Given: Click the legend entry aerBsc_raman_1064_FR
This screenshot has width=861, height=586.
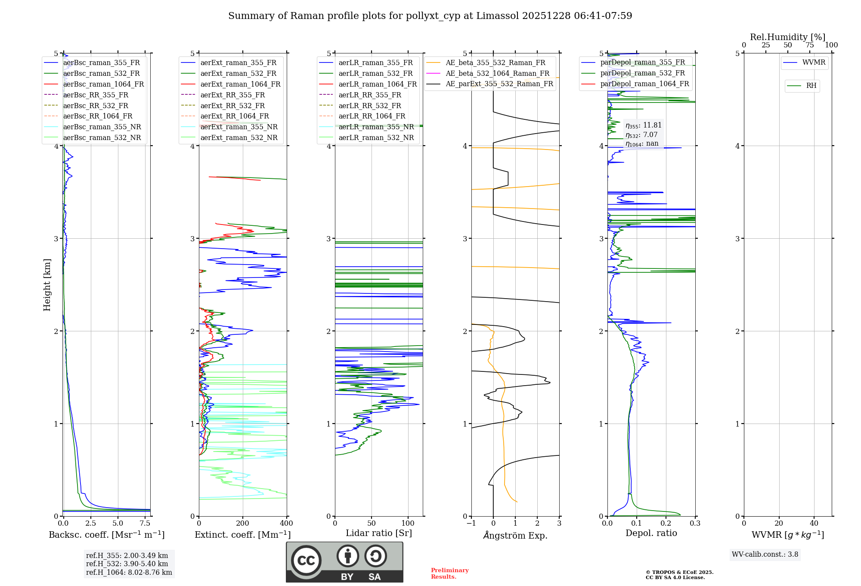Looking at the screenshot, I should [x=103, y=84].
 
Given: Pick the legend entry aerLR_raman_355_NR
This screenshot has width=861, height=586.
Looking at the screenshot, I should [x=376, y=127].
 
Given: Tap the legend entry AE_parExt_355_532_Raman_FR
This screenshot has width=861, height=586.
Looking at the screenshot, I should [x=499, y=84].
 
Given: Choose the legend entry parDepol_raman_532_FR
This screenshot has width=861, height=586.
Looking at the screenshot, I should [x=642, y=73].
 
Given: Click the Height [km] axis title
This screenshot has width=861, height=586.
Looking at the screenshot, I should [x=47, y=285].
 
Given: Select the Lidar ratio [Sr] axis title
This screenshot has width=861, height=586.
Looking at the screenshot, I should [x=379, y=533].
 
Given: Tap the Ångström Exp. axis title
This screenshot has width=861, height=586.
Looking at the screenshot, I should [x=515, y=535].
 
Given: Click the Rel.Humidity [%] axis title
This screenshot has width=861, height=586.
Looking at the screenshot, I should [x=787, y=37].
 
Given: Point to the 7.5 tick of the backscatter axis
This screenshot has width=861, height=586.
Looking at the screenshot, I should [x=145, y=524].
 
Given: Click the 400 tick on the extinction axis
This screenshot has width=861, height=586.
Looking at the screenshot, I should [x=287, y=524].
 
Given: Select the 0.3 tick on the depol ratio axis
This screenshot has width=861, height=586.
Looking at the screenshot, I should [x=695, y=524].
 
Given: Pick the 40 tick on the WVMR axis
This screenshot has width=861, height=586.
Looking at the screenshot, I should [x=814, y=524].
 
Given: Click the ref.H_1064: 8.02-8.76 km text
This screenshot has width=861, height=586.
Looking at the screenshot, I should [x=129, y=572].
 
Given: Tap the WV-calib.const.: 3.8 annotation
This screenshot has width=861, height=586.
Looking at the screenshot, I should [x=765, y=555].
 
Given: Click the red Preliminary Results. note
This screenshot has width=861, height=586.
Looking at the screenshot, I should [x=449, y=574].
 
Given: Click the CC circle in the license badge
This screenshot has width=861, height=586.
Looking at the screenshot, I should [x=306, y=560].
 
